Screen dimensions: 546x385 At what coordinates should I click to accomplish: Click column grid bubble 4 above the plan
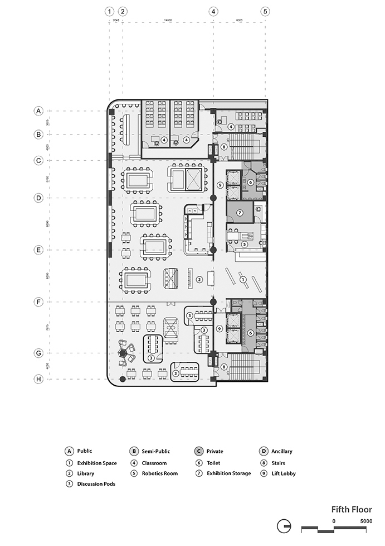pyautogui.click(x=213, y=11)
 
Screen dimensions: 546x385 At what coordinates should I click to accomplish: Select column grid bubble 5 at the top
pyautogui.click(x=265, y=11)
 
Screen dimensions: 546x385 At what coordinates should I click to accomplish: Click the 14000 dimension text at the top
pyautogui.click(x=167, y=21)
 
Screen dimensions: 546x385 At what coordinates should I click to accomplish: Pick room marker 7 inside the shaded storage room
pyautogui.click(x=239, y=213)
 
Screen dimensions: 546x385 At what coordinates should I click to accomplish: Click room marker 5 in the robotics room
pyautogui.click(x=244, y=244)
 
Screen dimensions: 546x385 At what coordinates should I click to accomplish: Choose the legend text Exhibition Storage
pyautogui.click(x=228, y=473)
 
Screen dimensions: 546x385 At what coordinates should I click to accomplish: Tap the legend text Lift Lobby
pyautogui.click(x=284, y=473)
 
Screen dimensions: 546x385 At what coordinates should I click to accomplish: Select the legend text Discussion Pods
pyautogui.click(x=96, y=484)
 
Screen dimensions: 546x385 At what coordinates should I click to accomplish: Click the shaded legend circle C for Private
pyautogui.click(x=199, y=451)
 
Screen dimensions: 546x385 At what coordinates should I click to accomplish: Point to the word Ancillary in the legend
pyautogui.click(x=282, y=451)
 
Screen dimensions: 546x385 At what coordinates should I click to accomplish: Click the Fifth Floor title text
pyautogui.click(x=351, y=509)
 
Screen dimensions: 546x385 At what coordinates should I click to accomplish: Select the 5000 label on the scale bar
pyautogui.click(x=365, y=520)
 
